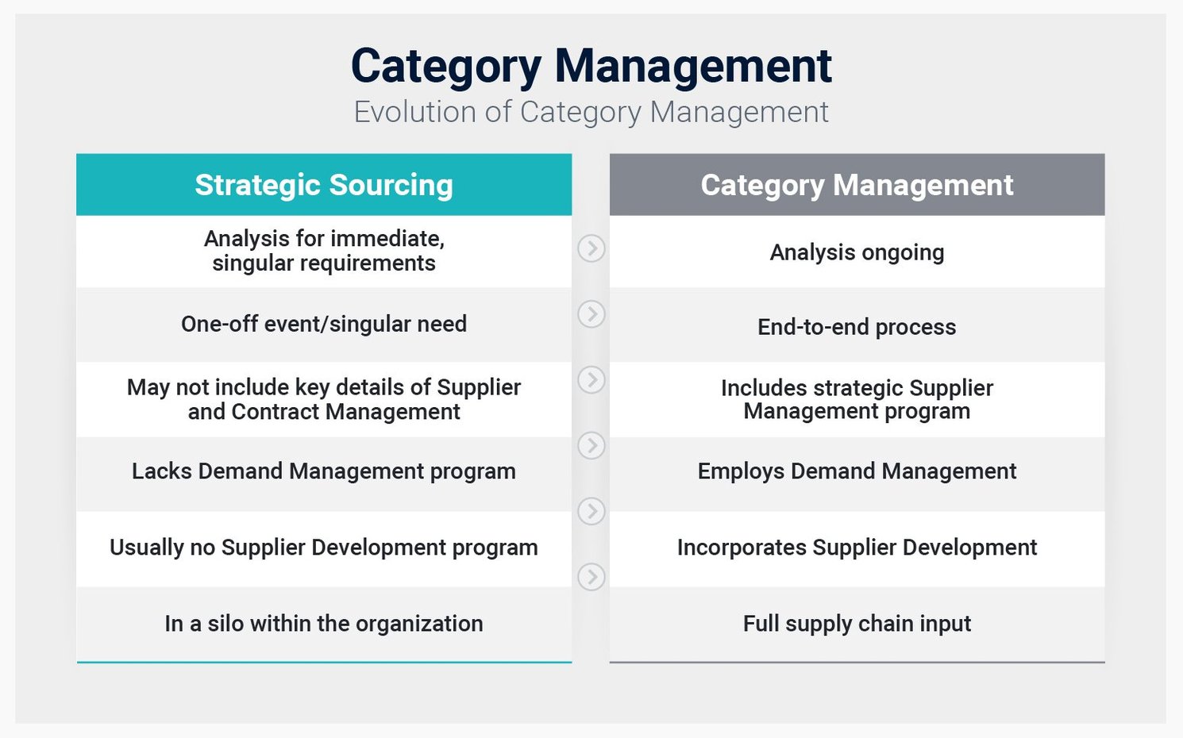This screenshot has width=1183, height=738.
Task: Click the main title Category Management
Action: point(591,67)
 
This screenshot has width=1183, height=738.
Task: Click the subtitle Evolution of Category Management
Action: point(591,112)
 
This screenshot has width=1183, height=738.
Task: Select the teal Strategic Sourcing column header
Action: point(324,185)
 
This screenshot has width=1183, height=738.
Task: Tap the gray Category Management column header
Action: point(857,185)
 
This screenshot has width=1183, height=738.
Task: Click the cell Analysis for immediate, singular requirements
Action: point(324,252)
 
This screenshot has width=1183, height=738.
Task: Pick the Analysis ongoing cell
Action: point(857,252)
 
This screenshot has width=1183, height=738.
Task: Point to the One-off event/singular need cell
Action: point(324,324)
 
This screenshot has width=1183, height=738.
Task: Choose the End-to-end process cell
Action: point(857,327)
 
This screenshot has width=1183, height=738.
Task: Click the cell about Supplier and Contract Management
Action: point(324,400)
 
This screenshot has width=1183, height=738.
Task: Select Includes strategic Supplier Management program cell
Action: point(857,400)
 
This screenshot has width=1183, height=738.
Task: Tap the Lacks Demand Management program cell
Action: point(324,471)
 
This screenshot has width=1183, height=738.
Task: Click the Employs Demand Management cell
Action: point(857,471)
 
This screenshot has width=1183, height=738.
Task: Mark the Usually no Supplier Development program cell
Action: point(324,548)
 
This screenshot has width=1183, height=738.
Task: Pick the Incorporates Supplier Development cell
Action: point(857,548)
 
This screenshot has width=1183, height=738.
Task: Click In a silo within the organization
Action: point(324,624)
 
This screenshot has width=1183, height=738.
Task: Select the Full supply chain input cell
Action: point(857,624)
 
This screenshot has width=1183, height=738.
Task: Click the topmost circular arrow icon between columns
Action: point(591,248)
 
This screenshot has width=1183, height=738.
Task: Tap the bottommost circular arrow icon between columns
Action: point(591,576)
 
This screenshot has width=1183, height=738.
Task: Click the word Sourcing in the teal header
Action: point(391,186)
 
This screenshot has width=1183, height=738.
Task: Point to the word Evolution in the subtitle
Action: point(415,112)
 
